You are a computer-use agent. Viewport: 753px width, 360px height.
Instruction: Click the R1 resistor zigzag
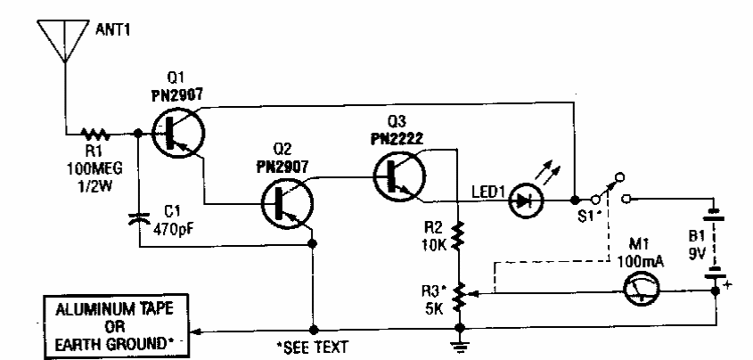tap(93, 135)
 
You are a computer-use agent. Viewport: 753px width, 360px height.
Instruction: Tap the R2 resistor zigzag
tap(458, 236)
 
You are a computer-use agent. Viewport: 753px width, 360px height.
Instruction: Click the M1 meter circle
tap(639, 291)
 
